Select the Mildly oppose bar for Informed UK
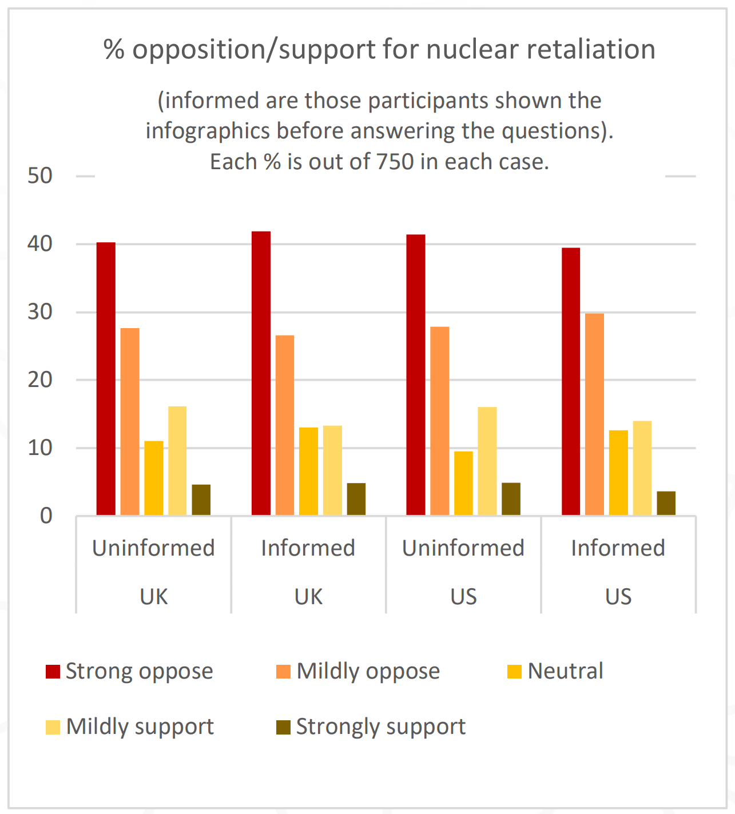285,425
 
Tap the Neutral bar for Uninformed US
463,483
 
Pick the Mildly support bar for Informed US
642,468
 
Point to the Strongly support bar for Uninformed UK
201,500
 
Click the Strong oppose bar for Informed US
571,381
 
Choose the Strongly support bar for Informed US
666,503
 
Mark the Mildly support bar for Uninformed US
487,461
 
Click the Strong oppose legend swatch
53,672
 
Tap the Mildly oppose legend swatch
283,672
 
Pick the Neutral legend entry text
565,671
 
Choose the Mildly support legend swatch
53,727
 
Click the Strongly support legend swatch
283,727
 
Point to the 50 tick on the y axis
40,176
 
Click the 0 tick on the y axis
46,516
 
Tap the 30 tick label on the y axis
40,312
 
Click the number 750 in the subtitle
395,162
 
